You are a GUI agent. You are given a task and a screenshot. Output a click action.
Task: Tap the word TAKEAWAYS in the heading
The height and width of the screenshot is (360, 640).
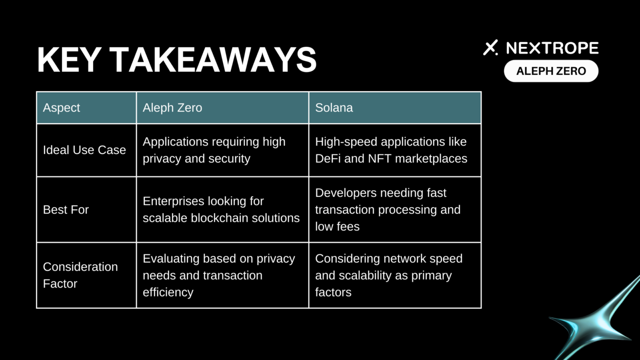point(213,60)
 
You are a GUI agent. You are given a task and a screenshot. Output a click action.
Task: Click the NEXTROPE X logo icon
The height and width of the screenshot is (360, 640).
point(490,47)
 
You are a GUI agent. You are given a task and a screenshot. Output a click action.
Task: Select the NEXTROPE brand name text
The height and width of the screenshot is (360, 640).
point(552,48)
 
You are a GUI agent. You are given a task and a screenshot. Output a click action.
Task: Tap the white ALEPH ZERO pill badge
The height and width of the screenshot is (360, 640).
point(551,71)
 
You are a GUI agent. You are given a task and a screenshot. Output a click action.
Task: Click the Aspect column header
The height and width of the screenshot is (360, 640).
point(61,107)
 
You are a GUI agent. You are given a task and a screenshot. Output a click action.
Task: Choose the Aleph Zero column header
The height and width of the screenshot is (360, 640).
point(172,107)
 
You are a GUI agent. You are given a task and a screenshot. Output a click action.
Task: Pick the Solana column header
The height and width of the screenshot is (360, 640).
point(334,107)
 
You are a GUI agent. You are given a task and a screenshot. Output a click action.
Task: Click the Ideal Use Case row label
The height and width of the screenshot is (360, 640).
point(84,150)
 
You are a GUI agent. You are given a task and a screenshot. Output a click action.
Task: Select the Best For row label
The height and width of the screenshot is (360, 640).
point(65,209)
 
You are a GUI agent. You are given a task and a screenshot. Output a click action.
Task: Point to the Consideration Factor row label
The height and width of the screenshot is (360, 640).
point(80,275)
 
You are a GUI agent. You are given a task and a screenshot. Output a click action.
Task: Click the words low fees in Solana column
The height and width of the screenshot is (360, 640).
point(337,226)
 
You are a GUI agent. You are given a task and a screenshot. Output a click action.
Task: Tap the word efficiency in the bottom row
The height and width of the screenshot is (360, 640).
point(168,292)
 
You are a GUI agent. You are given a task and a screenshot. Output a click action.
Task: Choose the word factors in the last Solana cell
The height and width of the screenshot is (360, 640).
point(333,292)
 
